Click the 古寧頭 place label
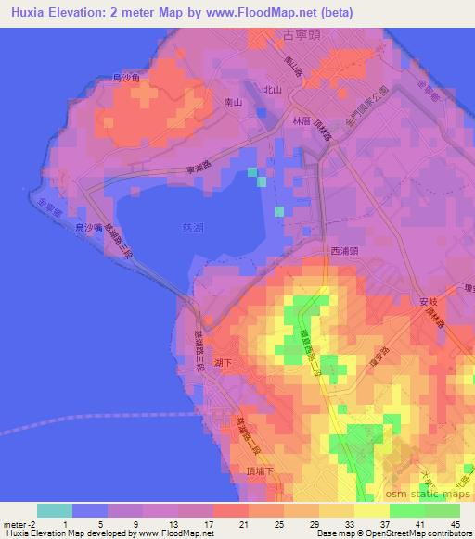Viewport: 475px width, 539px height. (x=284, y=34)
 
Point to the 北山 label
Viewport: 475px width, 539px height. (x=273, y=90)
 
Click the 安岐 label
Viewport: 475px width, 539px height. (x=428, y=301)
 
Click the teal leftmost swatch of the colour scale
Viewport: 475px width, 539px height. (x=55, y=510)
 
